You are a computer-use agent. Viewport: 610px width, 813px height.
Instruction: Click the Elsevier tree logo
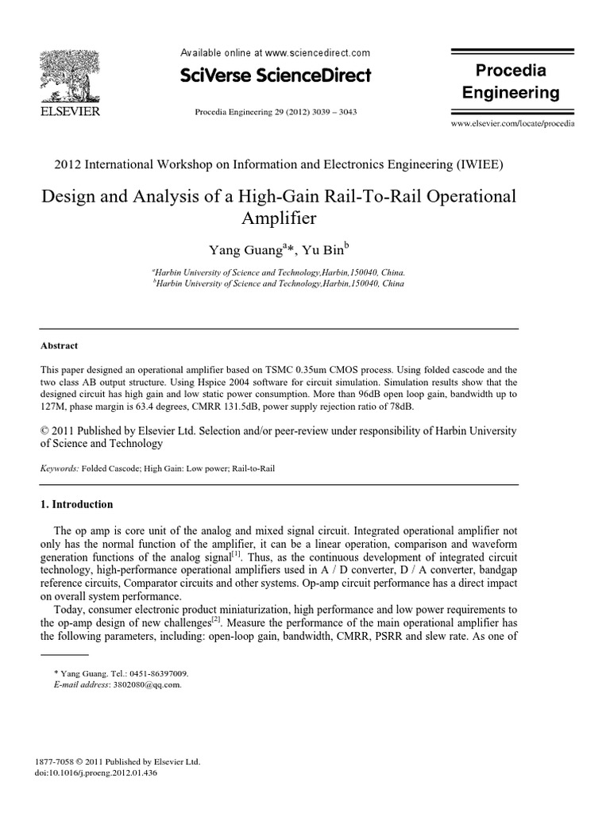[70, 76]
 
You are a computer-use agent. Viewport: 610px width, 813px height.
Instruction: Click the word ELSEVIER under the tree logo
[70, 112]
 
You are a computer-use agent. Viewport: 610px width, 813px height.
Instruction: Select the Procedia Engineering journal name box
[511, 83]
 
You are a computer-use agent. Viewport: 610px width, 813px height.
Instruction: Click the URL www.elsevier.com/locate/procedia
[512, 125]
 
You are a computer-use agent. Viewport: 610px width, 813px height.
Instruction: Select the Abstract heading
[59, 345]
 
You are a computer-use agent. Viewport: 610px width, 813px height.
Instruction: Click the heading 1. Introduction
[76, 504]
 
